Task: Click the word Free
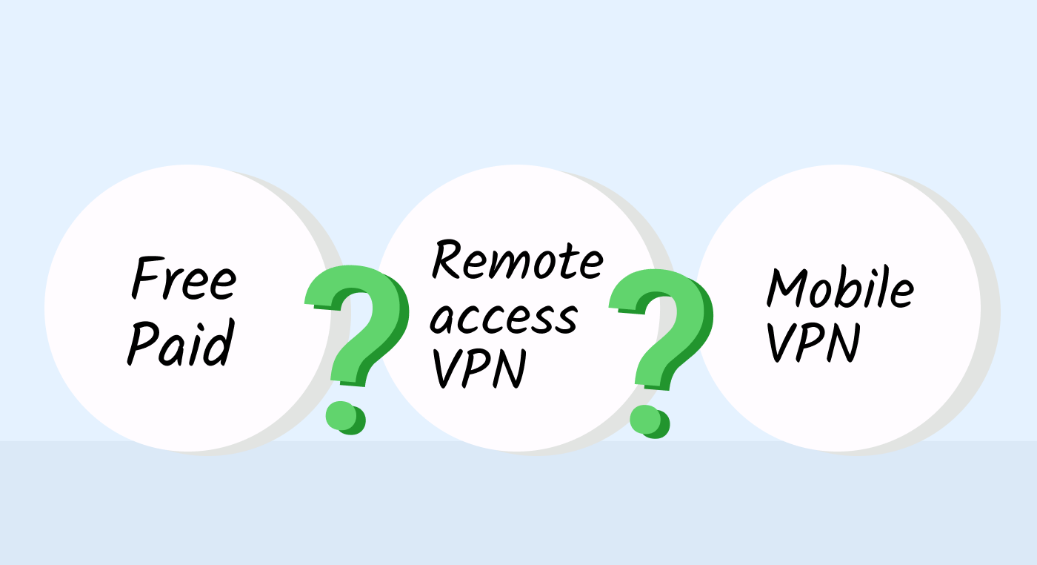click(184, 277)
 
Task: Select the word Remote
click(518, 260)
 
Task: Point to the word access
click(504, 319)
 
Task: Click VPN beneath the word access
click(480, 368)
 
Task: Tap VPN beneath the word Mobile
click(813, 343)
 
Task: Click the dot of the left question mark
click(345, 417)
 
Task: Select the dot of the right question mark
click(650, 421)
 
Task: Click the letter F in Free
click(147, 277)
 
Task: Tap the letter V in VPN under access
click(447, 369)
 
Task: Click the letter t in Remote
click(564, 260)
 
